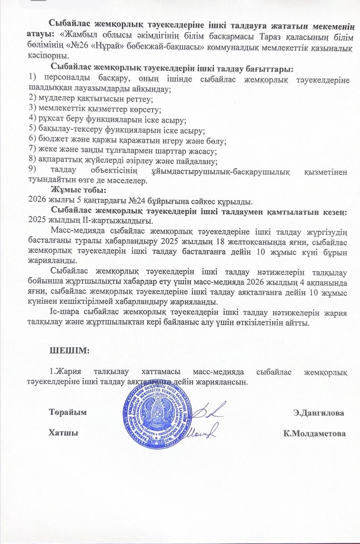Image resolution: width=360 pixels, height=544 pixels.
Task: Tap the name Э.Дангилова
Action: click(x=319, y=412)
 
